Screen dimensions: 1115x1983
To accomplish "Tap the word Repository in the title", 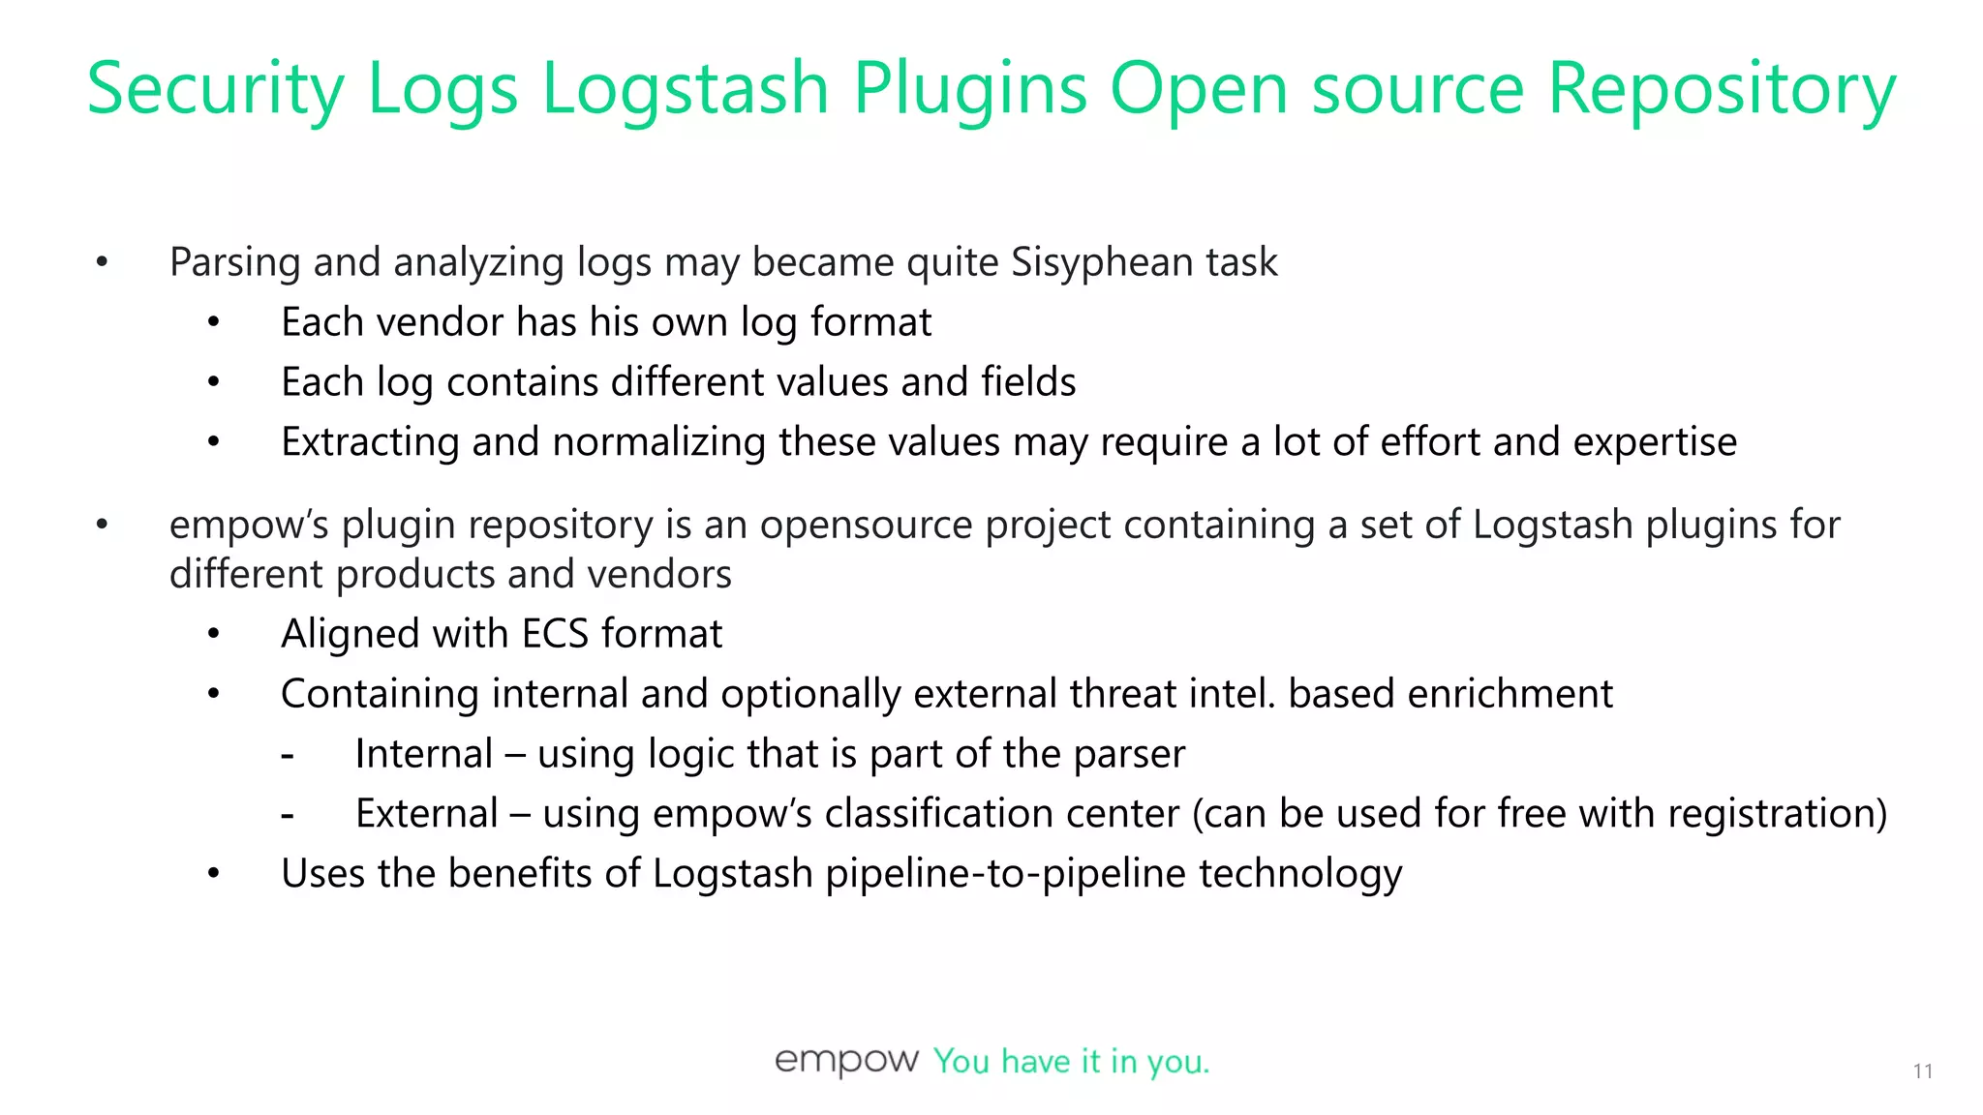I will [1722, 89].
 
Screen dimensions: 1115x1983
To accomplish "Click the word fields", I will [1028, 382].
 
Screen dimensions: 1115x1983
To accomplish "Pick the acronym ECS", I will [555, 634].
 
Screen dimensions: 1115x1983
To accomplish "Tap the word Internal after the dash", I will [424, 754].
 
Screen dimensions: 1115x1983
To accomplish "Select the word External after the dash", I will [426, 814].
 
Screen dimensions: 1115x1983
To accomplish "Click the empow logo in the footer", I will [846, 1061].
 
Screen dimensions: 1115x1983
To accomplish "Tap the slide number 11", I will [1923, 1070].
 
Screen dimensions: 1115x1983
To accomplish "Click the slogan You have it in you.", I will [1071, 1062].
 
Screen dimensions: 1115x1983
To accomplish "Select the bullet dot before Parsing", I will [103, 262].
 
